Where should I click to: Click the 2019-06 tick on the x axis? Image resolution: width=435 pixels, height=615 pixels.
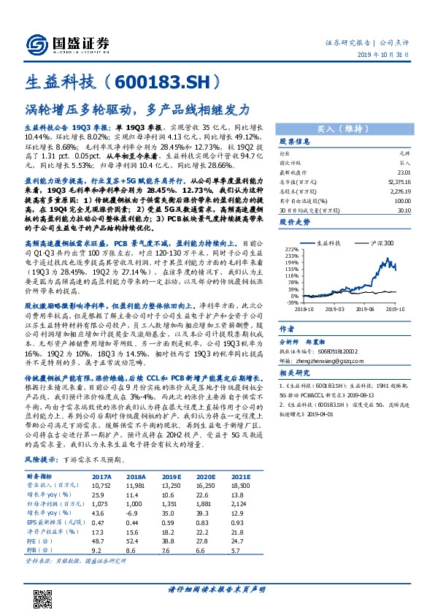click(x=363, y=308)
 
